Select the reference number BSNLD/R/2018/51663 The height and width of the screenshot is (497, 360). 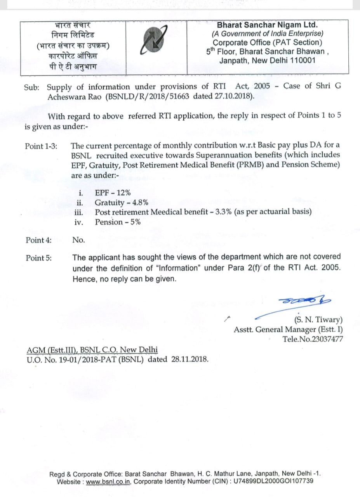[x=148, y=96]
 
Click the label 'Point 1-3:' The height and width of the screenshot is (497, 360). [x=41, y=146]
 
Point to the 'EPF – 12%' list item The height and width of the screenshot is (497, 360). [x=113, y=193]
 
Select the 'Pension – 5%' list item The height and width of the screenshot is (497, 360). [x=118, y=222]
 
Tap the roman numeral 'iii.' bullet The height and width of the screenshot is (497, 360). [x=79, y=212]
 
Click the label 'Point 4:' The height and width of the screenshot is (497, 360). [x=38, y=240]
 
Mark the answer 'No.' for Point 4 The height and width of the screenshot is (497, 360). [x=78, y=240]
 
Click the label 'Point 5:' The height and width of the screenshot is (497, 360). [x=38, y=258]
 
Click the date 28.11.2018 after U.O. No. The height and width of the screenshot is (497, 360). [x=189, y=359]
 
